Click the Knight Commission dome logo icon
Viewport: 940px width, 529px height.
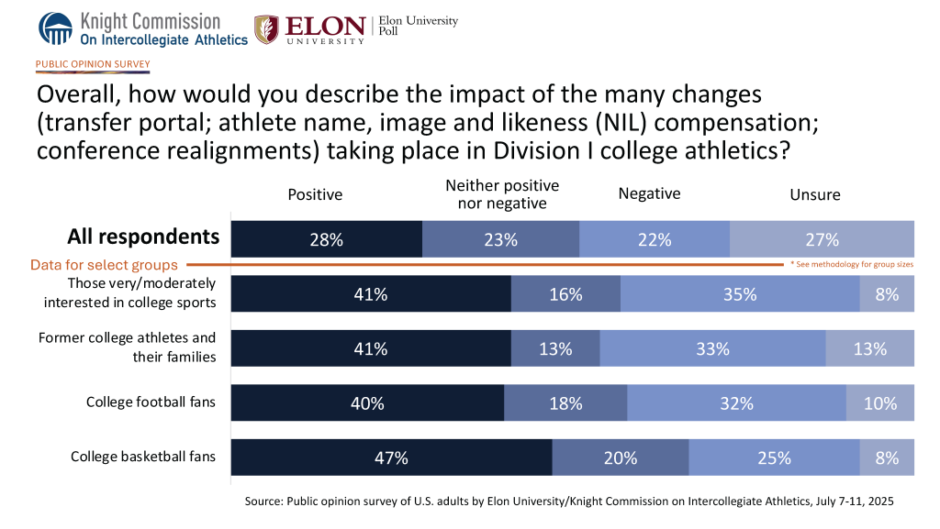click(54, 28)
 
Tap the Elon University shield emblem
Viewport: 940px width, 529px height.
click(267, 29)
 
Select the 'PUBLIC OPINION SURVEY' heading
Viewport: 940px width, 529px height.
click(93, 65)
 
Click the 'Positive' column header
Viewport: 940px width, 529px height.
click(315, 194)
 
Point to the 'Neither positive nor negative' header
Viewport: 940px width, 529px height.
click(502, 194)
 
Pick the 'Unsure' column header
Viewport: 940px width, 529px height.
click(815, 194)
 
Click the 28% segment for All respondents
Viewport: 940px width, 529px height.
click(326, 239)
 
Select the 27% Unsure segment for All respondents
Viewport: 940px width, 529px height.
click(822, 239)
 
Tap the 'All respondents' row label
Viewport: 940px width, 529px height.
click(143, 237)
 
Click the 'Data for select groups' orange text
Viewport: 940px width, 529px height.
click(104, 265)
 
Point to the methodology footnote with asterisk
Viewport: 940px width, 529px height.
click(851, 264)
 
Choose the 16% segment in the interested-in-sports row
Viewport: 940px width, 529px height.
click(565, 294)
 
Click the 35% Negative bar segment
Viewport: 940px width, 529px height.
click(739, 294)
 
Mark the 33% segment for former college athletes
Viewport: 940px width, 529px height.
click(712, 348)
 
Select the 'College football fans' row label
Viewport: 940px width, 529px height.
click(151, 402)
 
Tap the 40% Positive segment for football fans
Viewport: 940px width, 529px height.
click(367, 402)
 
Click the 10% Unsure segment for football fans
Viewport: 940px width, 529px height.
click(879, 402)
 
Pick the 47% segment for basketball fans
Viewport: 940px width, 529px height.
click(391, 457)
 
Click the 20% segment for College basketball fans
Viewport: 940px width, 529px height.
click(620, 457)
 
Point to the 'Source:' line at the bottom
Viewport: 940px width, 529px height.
click(568, 502)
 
